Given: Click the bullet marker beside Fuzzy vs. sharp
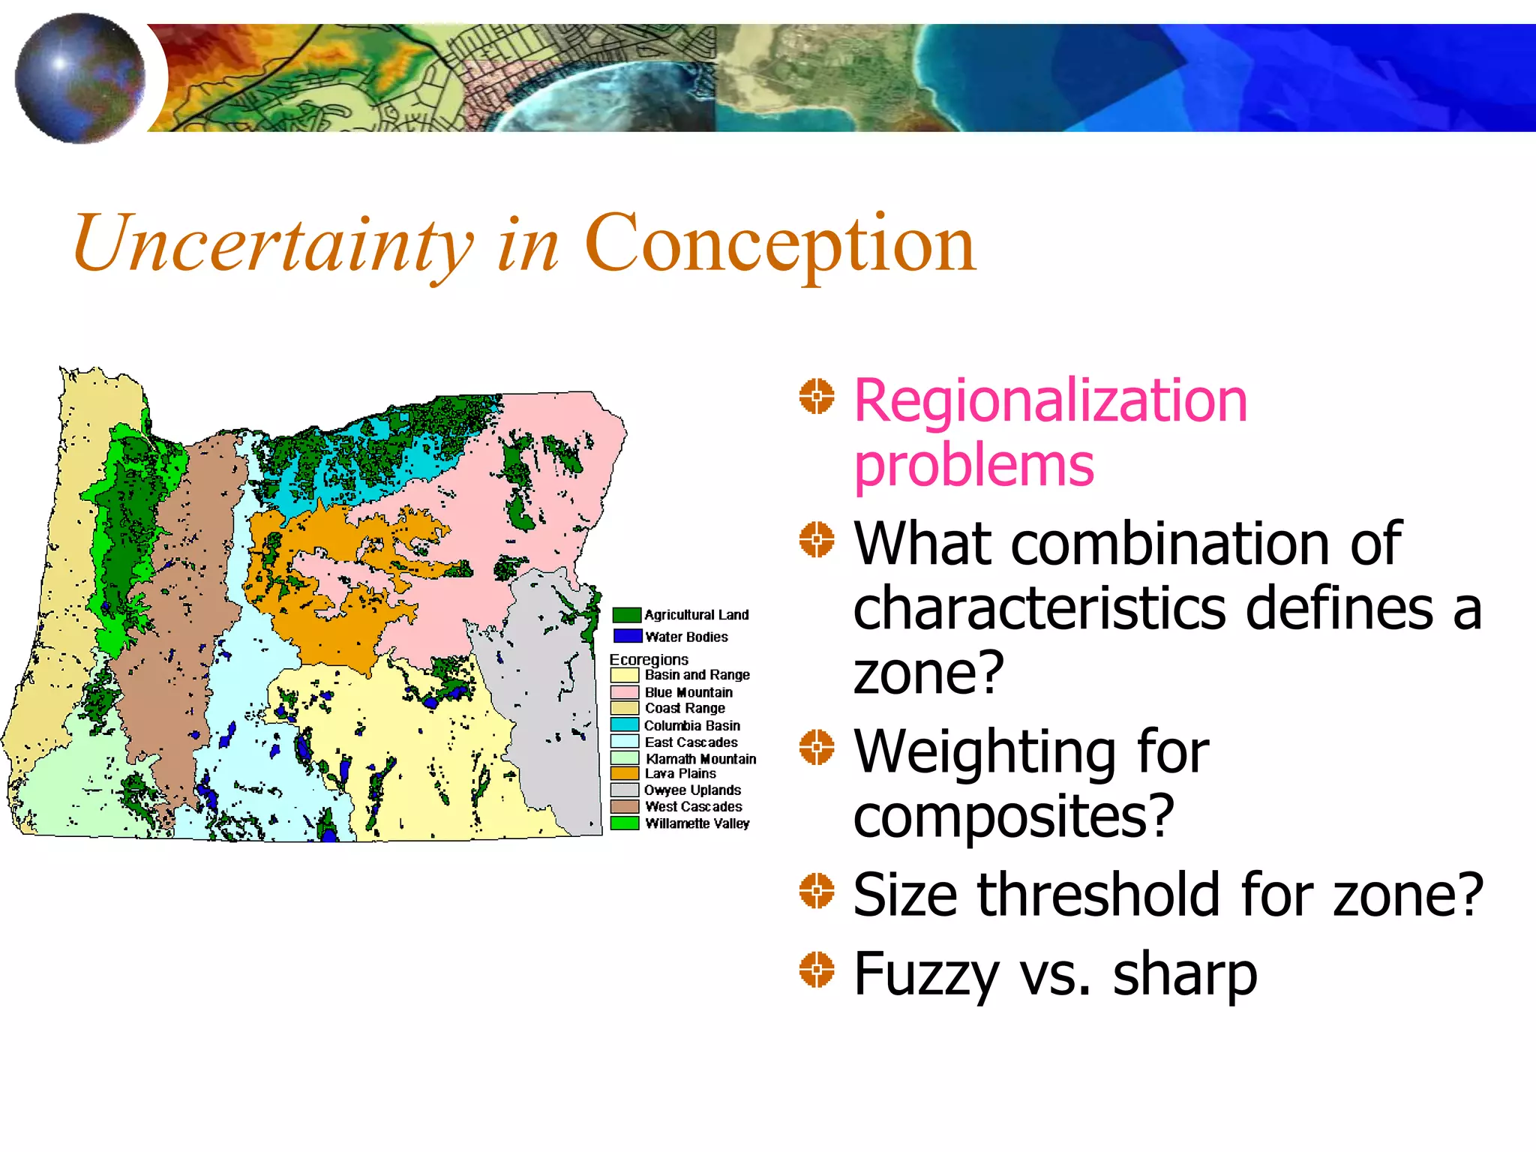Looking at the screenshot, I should pos(816,970).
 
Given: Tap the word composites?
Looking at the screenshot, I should pos(1012,815).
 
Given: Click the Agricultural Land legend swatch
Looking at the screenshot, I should pos(626,615).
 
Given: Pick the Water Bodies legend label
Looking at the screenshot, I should pos(686,637).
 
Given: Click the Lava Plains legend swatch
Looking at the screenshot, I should pos(624,773).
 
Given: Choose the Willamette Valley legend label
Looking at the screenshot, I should pos(697,823).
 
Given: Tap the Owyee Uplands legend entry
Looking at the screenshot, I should pos(691,790).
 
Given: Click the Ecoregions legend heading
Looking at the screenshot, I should pos(649,659).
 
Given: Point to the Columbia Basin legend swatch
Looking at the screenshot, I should pos(624,725).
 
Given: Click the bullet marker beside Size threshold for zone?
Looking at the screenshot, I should pos(816,890).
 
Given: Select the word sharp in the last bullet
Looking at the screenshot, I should pos(1184,974).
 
